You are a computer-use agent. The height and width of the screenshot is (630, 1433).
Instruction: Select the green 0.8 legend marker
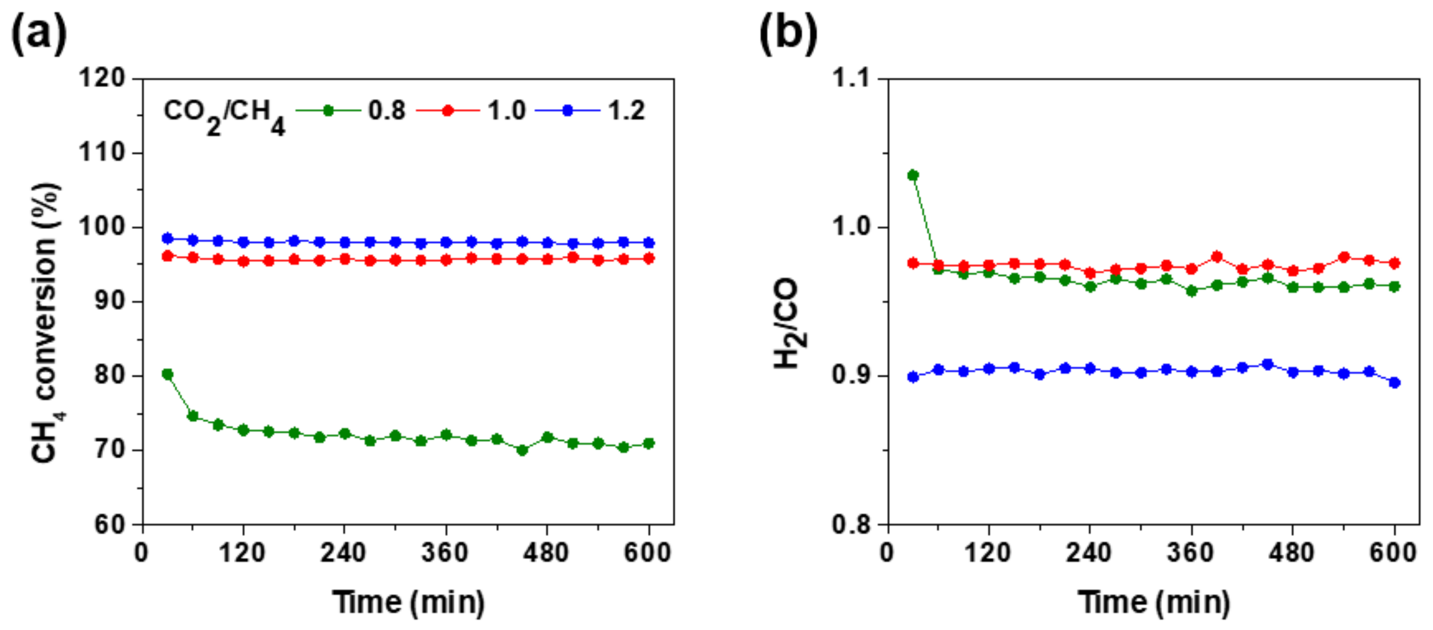328,111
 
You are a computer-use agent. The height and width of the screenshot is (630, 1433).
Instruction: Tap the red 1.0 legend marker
448,111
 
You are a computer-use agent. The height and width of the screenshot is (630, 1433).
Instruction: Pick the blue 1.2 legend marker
567,111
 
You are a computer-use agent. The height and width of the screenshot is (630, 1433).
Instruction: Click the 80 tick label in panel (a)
109,375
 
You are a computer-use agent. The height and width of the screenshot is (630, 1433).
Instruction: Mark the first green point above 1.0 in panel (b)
913,175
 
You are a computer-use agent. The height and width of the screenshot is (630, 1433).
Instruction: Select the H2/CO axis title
789,324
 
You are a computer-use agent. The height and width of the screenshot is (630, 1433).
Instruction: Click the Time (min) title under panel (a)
409,602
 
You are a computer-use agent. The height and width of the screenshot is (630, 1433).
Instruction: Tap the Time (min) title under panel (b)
1154,602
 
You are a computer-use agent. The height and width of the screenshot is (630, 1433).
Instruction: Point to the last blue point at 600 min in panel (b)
1395,382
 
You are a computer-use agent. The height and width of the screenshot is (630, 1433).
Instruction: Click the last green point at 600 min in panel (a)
649,443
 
